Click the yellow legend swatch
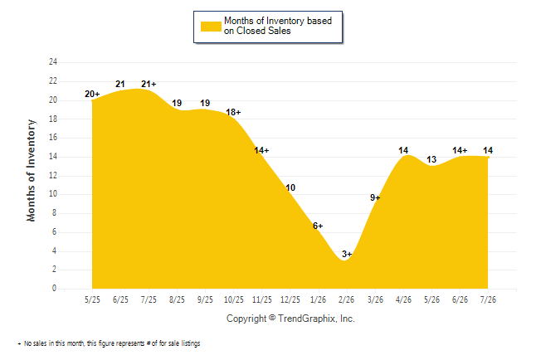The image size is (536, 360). (211, 27)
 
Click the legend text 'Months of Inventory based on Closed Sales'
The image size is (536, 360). (278, 26)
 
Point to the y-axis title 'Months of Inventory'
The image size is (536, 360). (31, 170)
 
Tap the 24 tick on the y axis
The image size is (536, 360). (53, 62)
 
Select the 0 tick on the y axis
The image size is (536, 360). (54, 288)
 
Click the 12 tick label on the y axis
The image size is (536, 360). (53, 175)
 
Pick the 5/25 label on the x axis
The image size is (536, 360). (92, 299)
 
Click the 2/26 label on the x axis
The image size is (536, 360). (346, 299)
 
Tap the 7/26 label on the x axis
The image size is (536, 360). (488, 299)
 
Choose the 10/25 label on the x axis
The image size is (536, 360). (234, 299)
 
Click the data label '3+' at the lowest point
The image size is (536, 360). (347, 254)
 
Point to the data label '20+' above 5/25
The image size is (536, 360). (92, 94)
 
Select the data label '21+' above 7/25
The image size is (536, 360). (149, 84)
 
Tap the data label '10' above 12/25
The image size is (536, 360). (290, 187)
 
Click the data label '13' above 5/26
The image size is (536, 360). (431, 159)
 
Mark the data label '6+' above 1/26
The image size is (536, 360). (318, 226)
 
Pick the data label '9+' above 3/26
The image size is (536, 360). (375, 197)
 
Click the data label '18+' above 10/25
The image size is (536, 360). (233, 112)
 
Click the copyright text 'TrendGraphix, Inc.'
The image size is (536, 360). (316, 319)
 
